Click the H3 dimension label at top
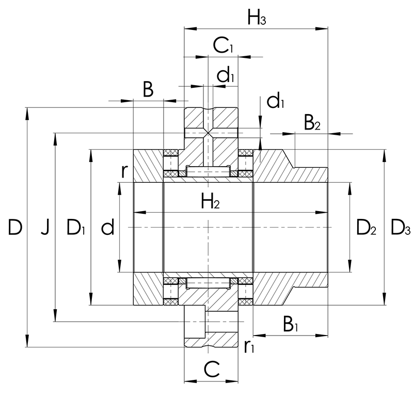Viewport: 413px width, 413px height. (x=257, y=18)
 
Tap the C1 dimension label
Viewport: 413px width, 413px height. (x=223, y=45)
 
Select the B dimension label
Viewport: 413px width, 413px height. (x=148, y=89)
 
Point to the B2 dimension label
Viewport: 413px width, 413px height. (x=312, y=122)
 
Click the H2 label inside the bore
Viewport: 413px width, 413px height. (x=210, y=201)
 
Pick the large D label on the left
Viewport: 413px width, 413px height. (x=15, y=227)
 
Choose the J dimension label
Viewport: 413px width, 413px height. (x=45, y=227)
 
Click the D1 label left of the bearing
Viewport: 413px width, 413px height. (x=76, y=227)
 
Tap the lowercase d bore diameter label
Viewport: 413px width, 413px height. (x=108, y=227)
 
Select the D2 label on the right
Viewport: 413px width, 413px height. (x=366, y=227)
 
